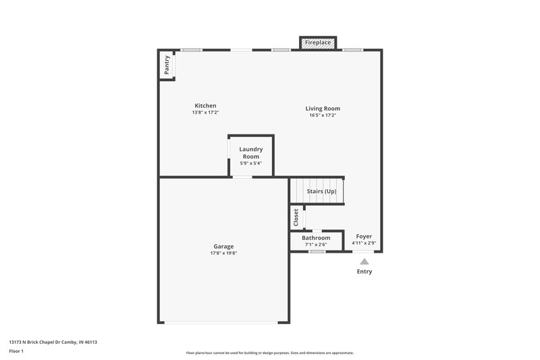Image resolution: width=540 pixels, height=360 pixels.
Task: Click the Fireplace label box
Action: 317,43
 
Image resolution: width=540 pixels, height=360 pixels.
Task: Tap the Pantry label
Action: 167,65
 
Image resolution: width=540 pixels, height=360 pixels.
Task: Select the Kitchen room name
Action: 205,105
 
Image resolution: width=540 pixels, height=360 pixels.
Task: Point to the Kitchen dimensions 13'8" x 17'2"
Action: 205,113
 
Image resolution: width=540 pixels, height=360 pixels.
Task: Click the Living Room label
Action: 323,108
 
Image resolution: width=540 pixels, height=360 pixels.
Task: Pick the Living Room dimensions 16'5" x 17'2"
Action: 323,115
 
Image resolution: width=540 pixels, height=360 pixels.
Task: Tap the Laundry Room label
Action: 251,153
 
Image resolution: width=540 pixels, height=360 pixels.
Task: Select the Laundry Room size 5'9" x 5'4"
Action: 251,163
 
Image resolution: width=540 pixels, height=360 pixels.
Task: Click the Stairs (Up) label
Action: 321,191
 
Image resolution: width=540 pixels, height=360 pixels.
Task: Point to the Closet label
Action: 296,217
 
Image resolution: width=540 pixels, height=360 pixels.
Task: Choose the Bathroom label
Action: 316,238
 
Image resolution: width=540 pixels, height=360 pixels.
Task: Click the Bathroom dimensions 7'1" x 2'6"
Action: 316,245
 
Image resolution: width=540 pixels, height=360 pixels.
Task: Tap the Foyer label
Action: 364,236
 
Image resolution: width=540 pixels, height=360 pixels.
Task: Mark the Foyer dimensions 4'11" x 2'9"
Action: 364,243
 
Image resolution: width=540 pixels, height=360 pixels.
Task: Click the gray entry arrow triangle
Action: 364,261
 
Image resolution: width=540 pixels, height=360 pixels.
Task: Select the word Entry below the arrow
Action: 364,272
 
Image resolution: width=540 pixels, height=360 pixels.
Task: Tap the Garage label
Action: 224,247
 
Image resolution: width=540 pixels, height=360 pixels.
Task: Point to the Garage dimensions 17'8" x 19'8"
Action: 224,253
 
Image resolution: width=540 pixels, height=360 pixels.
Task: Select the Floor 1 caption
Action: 17,351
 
